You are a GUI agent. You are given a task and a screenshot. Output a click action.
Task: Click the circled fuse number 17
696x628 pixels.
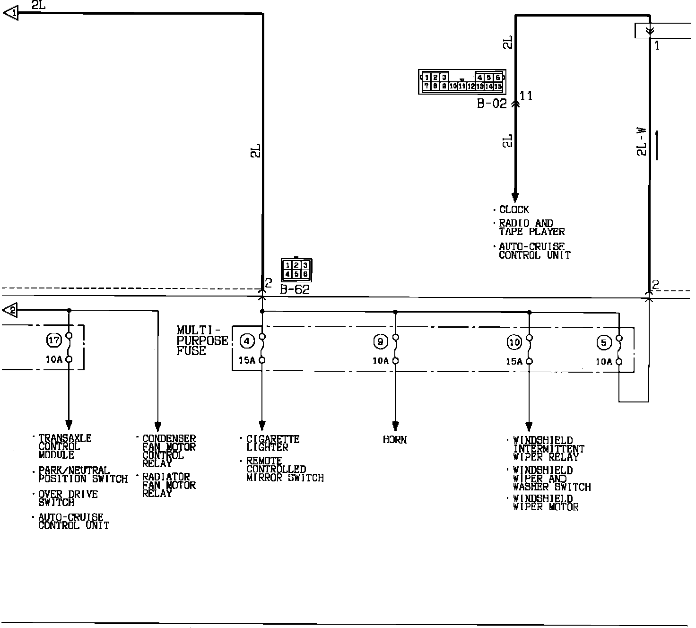click(x=54, y=340)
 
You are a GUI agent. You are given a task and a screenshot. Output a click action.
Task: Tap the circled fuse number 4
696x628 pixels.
click(x=247, y=340)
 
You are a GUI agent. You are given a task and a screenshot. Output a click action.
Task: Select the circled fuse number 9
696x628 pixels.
click(x=380, y=341)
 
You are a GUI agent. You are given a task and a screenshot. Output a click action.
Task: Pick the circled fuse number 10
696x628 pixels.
click(x=514, y=341)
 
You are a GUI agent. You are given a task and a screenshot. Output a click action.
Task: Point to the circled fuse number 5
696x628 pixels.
click(x=604, y=342)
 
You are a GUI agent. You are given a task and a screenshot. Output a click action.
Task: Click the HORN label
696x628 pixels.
click(x=395, y=440)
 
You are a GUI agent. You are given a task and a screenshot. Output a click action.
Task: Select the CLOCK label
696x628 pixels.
click(x=514, y=209)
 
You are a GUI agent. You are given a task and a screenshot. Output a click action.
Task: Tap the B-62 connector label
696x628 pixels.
click(x=295, y=289)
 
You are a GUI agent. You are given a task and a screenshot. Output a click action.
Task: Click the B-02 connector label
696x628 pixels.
click(x=491, y=104)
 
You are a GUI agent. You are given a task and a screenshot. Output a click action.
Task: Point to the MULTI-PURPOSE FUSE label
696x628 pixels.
click(x=202, y=340)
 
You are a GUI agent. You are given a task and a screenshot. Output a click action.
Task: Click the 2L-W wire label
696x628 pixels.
click(x=641, y=141)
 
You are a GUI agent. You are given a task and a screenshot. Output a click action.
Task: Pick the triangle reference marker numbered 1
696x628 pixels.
click(x=10, y=13)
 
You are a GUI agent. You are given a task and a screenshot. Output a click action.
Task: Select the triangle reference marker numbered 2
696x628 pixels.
click(x=10, y=310)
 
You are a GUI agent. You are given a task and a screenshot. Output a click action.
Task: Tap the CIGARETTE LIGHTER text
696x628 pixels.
click(x=272, y=443)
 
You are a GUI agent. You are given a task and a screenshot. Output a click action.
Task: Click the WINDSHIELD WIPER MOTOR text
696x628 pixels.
click(x=546, y=503)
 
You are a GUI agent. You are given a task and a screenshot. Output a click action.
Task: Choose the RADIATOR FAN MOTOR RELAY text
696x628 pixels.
click(x=169, y=485)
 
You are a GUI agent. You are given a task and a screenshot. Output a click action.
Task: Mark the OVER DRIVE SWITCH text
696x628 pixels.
click(x=68, y=498)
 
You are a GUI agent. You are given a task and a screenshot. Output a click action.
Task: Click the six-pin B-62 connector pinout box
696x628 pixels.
click(x=296, y=270)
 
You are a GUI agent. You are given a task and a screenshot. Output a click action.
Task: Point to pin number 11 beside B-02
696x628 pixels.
click(x=526, y=96)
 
